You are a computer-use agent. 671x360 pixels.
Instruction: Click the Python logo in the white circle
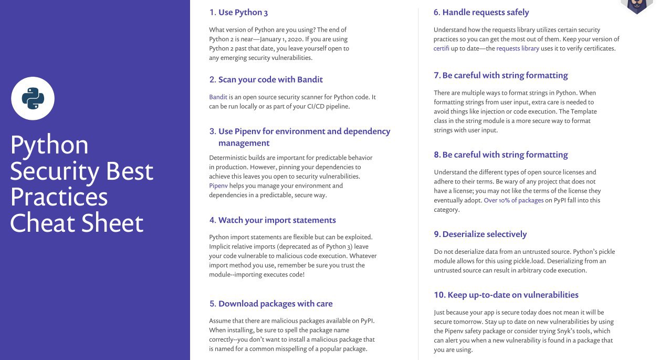tap(33, 98)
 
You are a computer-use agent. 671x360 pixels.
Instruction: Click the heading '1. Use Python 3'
tap(238, 13)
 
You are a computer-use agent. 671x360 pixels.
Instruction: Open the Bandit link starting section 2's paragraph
tap(218, 97)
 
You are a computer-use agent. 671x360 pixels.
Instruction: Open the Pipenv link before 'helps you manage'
tap(218, 186)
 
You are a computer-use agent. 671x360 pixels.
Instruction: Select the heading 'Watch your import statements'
tap(277, 220)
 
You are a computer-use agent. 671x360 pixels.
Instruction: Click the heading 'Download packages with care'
tap(275, 304)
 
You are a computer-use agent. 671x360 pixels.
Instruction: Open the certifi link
tap(441, 48)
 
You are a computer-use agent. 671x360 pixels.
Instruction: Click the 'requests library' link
tap(517, 48)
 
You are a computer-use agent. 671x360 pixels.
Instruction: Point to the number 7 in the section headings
tap(436, 76)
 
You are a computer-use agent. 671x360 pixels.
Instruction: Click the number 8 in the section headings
tap(436, 155)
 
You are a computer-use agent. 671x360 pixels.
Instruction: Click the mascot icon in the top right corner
tap(636, 5)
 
